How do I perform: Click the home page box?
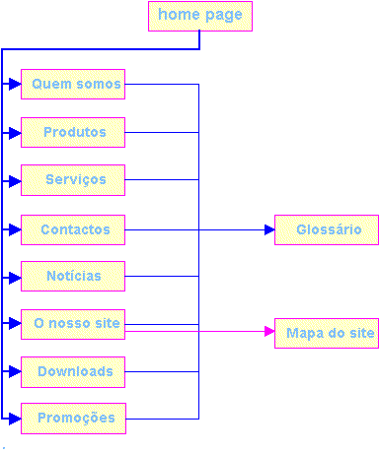click(x=200, y=16)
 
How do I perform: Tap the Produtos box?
click(x=73, y=132)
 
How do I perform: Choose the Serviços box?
click(x=73, y=180)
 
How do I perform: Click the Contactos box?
click(x=73, y=229)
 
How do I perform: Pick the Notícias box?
click(x=73, y=277)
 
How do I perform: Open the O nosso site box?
click(x=73, y=324)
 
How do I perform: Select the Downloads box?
click(x=73, y=372)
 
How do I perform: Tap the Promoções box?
click(x=73, y=419)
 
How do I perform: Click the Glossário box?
click(x=327, y=229)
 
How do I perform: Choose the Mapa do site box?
click(x=327, y=334)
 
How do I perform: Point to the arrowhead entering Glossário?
click(x=267, y=229)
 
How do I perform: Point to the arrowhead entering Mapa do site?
click(x=267, y=333)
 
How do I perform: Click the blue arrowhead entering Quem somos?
click(x=14, y=85)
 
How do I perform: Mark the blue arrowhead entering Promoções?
click(x=14, y=419)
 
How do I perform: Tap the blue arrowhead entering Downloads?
click(x=14, y=372)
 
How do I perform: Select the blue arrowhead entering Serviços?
click(x=14, y=180)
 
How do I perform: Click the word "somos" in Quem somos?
click(x=97, y=85)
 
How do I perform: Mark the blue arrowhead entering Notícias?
click(x=14, y=277)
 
